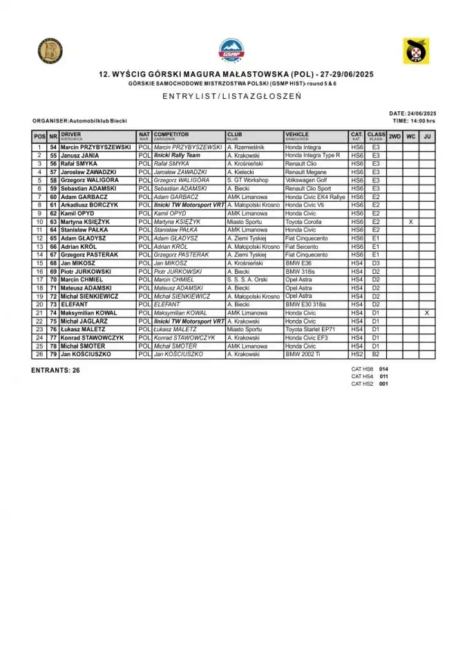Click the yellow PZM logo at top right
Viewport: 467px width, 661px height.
(x=416, y=50)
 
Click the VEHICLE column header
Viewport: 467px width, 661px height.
(x=297, y=135)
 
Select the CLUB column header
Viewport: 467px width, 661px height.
(x=234, y=135)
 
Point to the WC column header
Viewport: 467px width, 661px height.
(x=410, y=137)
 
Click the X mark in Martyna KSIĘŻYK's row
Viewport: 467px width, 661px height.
(x=410, y=222)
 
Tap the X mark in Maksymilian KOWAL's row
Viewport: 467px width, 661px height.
(x=427, y=313)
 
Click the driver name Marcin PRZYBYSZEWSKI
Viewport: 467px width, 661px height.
(x=95, y=147)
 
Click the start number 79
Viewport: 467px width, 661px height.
(x=53, y=355)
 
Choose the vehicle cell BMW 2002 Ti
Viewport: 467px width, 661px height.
(x=304, y=355)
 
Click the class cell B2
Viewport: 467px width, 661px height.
(x=376, y=355)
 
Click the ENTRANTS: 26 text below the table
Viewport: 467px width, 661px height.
(x=55, y=371)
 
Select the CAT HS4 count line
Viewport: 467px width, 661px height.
(x=372, y=376)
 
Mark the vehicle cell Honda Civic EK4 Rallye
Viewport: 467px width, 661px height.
(x=314, y=197)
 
